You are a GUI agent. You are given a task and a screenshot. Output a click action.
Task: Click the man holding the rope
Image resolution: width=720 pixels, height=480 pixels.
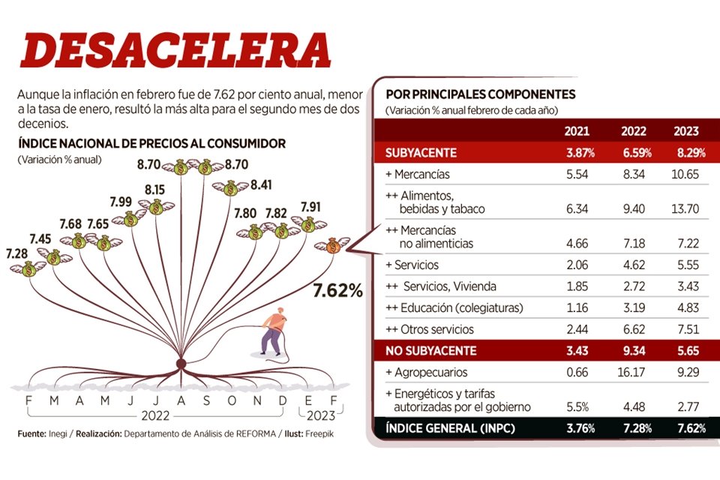click(274, 330)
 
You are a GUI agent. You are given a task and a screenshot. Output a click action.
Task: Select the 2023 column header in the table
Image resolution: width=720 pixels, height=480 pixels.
click(686, 132)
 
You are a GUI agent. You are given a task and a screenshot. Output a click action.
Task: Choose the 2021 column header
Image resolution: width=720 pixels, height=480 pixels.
click(577, 132)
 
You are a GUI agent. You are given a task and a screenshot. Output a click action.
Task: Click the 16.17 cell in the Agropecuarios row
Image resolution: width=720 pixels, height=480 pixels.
click(634, 372)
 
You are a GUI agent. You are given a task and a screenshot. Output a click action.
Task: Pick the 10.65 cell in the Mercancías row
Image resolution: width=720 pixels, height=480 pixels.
click(685, 174)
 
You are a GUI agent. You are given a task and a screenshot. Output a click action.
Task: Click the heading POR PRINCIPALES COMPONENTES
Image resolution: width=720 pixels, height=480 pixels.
click(480, 94)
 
